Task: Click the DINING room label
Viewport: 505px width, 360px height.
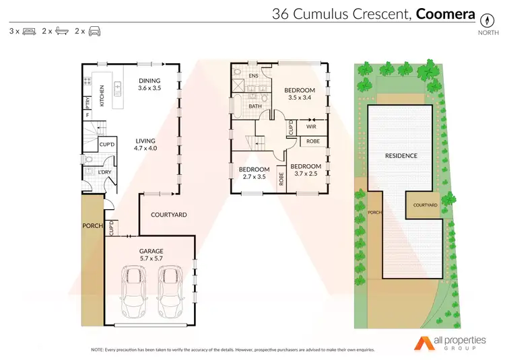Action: pyautogui.click(x=149, y=81)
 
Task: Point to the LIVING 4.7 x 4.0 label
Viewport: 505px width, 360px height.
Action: pyautogui.click(x=145, y=143)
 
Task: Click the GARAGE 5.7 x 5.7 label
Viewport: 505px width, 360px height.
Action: pyautogui.click(x=152, y=255)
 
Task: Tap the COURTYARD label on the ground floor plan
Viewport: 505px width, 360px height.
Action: pyautogui.click(x=168, y=215)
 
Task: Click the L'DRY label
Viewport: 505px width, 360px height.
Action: pyautogui.click(x=104, y=173)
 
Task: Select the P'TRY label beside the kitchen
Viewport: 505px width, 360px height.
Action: pyautogui.click(x=88, y=102)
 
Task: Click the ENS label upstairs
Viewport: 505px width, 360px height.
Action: pyautogui.click(x=254, y=77)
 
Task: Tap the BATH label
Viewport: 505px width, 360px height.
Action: pyautogui.click(x=255, y=106)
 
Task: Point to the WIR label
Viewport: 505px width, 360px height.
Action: pyautogui.click(x=311, y=126)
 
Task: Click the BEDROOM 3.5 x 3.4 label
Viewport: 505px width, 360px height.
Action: pyautogui.click(x=299, y=94)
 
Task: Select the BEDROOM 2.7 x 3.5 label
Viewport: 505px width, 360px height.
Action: pyautogui.click(x=255, y=173)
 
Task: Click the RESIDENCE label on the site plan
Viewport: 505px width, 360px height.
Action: pyautogui.click(x=401, y=155)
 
